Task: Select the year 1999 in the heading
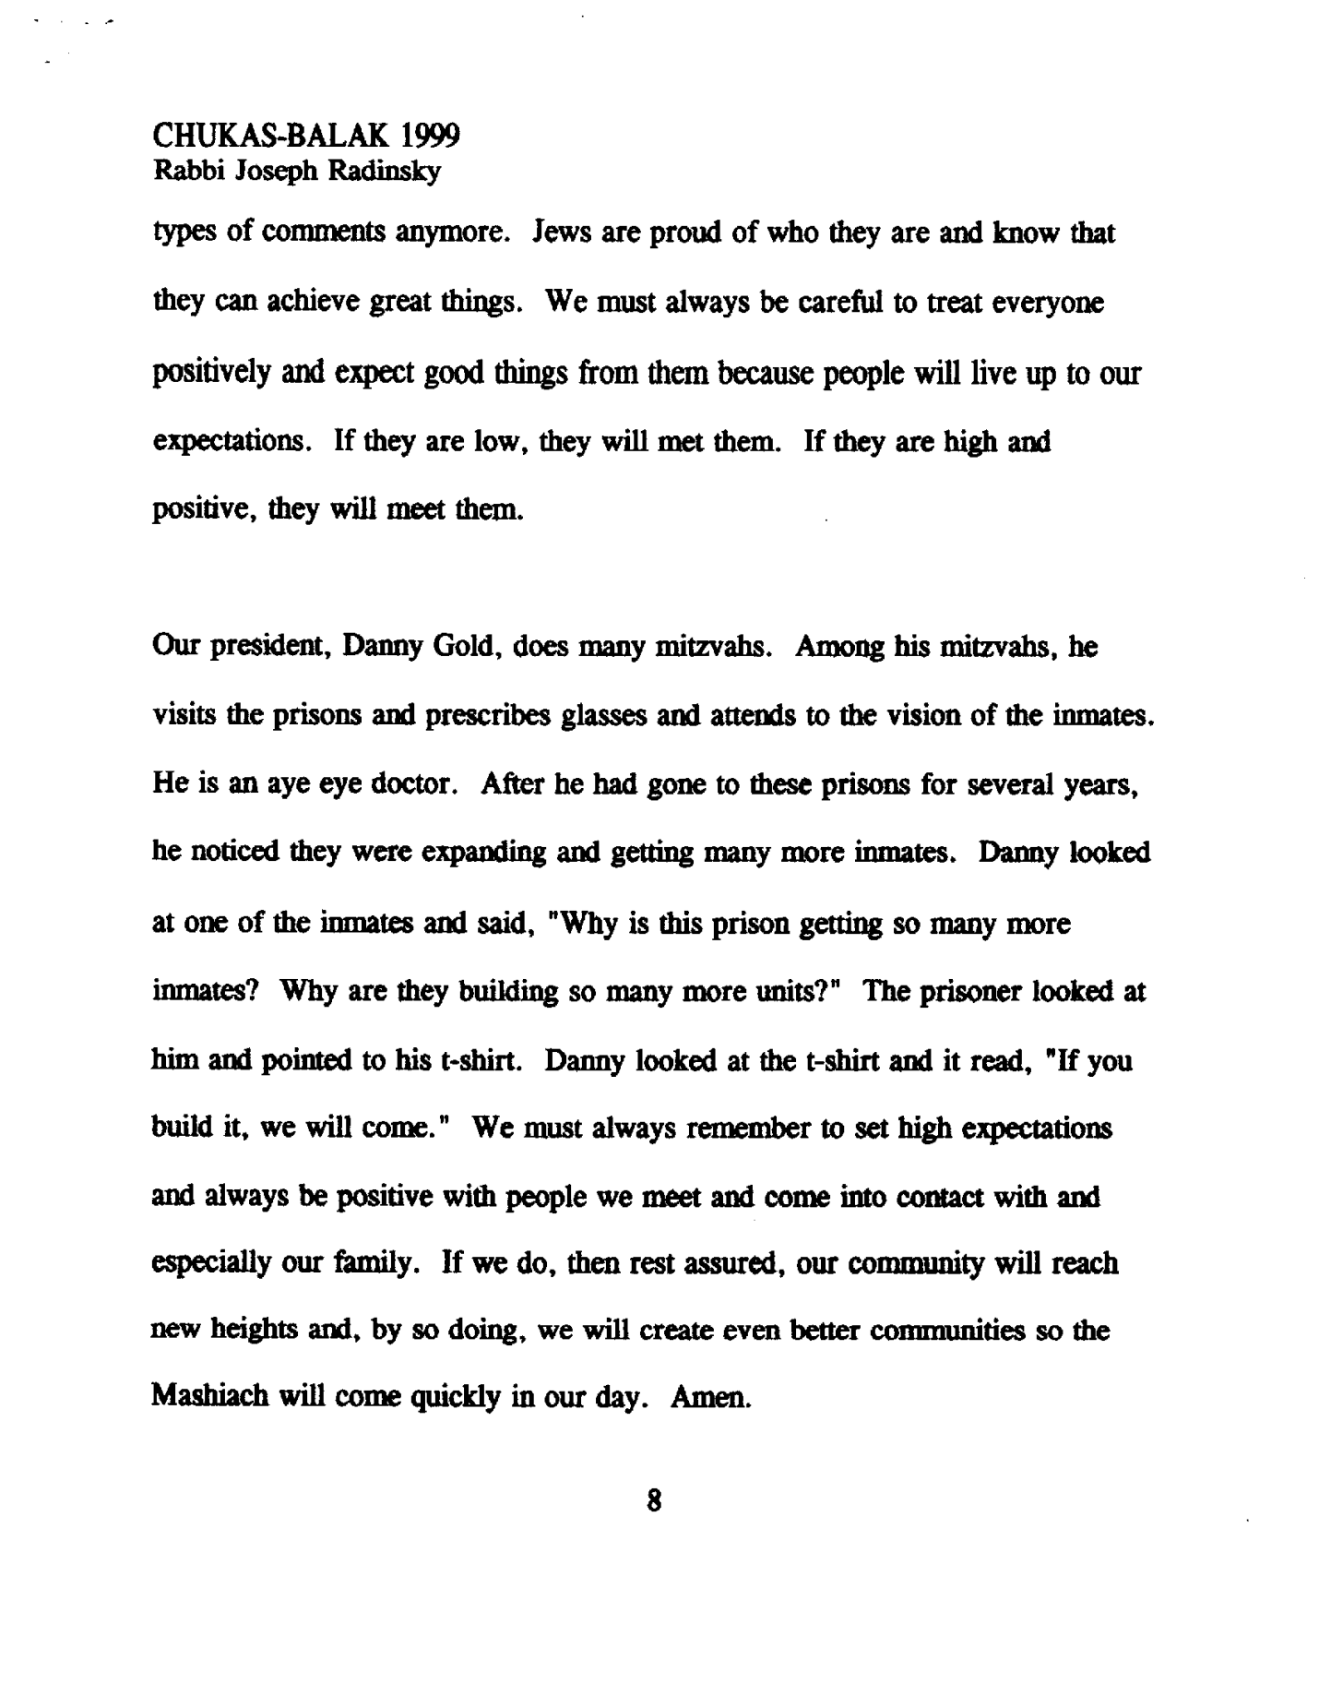(431, 136)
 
